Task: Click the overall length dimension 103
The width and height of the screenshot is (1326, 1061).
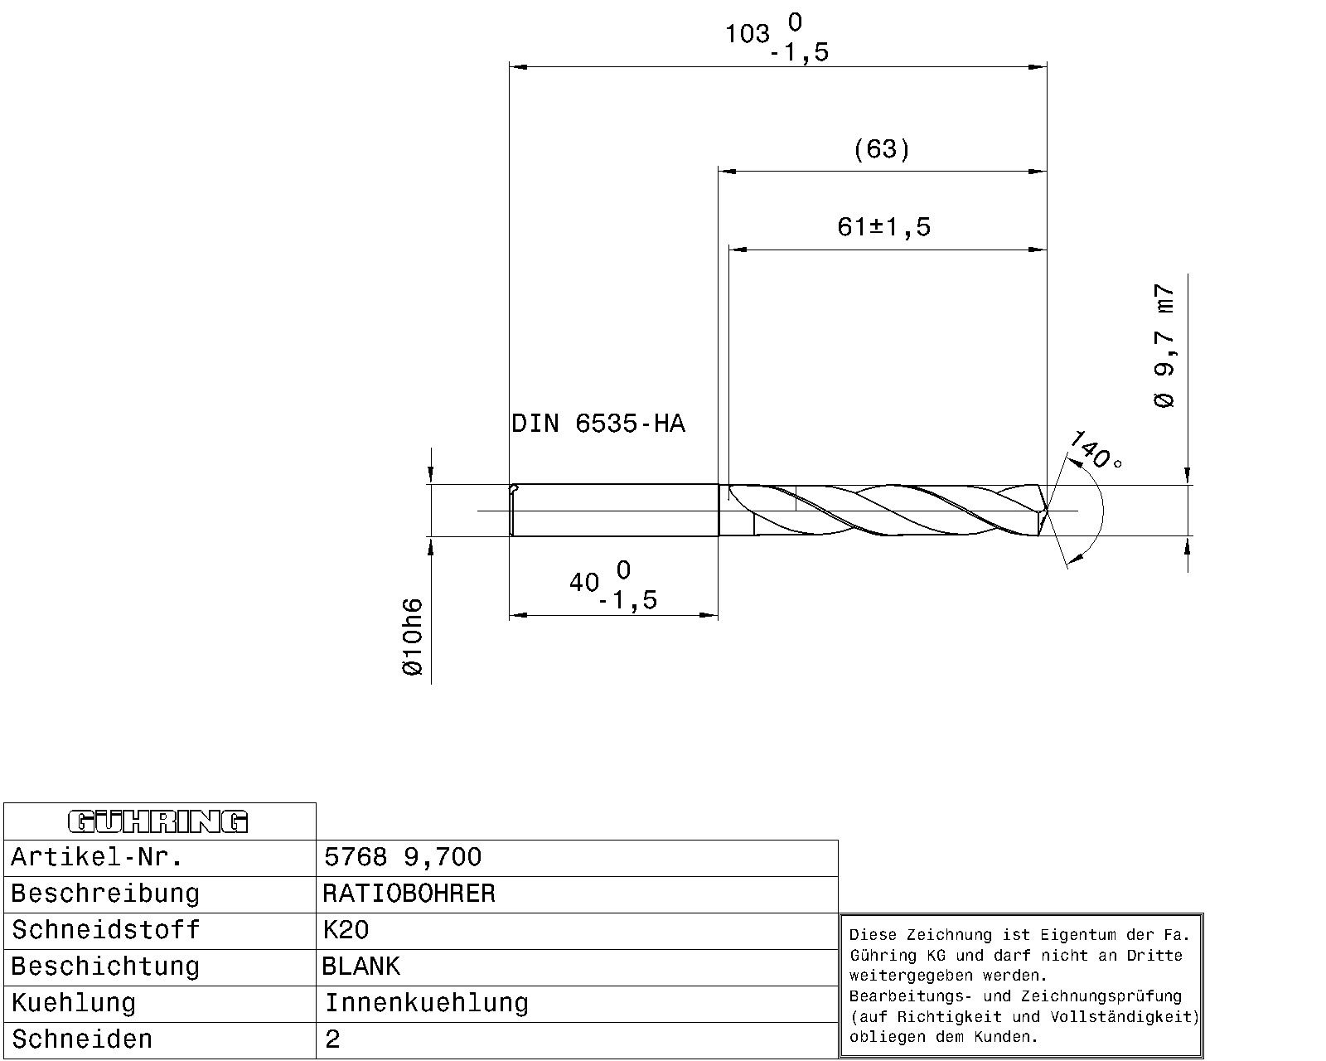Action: pyautogui.click(x=748, y=35)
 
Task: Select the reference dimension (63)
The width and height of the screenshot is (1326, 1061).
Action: pyautogui.click(x=882, y=149)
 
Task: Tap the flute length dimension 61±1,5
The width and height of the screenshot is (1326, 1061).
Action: pyautogui.click(x=883, y=226)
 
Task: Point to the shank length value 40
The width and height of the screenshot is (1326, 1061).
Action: pyautogui.click(x=584, y=583)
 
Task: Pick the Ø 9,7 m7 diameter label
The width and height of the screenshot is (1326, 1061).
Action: pyautogui.click(x=1164, y=346)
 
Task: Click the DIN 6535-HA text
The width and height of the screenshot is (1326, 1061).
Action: pyautogui.click(x=598, y=424)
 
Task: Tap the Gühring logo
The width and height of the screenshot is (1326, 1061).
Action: pyautogui.click(x=157, y=821)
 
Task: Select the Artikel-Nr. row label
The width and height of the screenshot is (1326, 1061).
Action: pyautogui.click(x=96, y=857)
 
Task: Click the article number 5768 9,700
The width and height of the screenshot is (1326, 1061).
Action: pyautogui.click(x=403, y=857)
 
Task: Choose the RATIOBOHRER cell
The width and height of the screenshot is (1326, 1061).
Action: pyautogui.click(x=409, y=894)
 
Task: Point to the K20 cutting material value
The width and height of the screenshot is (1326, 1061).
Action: pyautogui.click(x=346, y=930)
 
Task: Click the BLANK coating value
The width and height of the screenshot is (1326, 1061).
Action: pyautogui.click(x=361, y=967)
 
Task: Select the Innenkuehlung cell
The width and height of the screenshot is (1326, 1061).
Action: pyautogui.click(x=426, y=1003)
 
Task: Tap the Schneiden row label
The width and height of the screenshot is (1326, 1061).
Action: pyautogui.click(x=82, y=1039)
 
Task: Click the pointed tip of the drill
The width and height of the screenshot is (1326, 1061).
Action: pyautogui.click(x=1048, y=511)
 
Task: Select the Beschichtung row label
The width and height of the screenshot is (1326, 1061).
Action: pyautogui.click(x=105, y=967)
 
